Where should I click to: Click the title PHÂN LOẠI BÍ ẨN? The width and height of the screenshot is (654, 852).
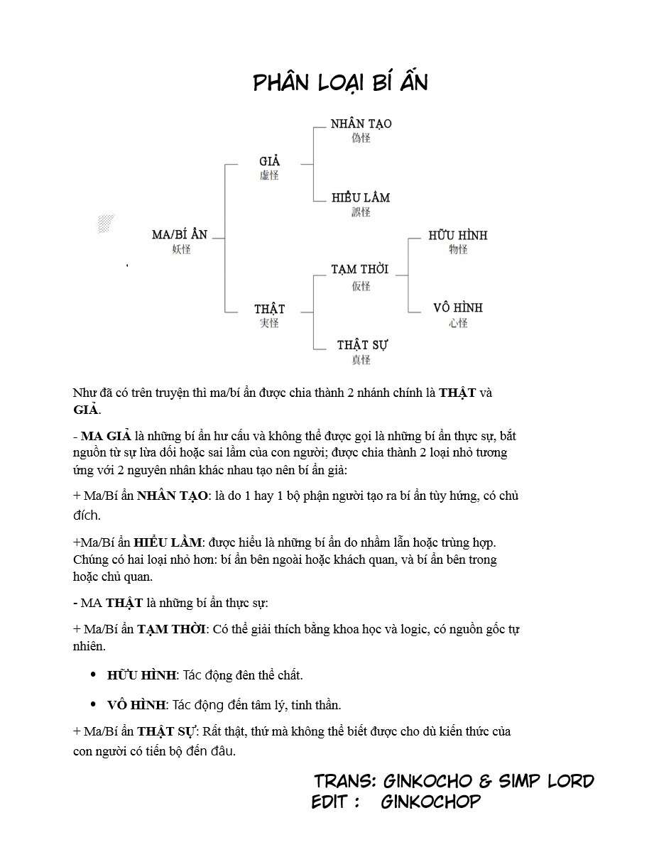point(340,83)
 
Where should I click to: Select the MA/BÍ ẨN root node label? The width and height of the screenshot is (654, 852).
point(180,234)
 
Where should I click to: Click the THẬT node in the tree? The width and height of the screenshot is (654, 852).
point(269,309)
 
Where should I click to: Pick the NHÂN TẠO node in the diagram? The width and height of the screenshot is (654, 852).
point(361,124)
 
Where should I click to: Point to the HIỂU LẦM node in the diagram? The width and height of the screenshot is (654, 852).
point(361,197)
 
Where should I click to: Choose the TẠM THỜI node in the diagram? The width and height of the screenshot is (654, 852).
point(360,270)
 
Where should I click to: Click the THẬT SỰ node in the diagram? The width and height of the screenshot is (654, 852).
point(362,345)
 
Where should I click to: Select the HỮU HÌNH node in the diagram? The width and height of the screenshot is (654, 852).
point(458,235)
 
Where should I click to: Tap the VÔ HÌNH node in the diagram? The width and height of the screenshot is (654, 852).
point(458,308)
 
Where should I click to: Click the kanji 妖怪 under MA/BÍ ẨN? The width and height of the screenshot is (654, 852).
point(181,249)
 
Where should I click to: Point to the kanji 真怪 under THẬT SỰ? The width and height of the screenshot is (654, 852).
point(361,360)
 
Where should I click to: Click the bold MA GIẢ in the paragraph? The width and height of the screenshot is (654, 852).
point(106,436)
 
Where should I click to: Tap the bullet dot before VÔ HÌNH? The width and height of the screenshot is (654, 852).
point(93,704)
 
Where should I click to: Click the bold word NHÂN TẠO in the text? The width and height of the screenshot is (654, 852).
point(173,496)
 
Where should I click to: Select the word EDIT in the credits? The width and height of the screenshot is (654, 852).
point(331,802)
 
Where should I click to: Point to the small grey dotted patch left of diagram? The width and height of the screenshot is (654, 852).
point(106,224)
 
